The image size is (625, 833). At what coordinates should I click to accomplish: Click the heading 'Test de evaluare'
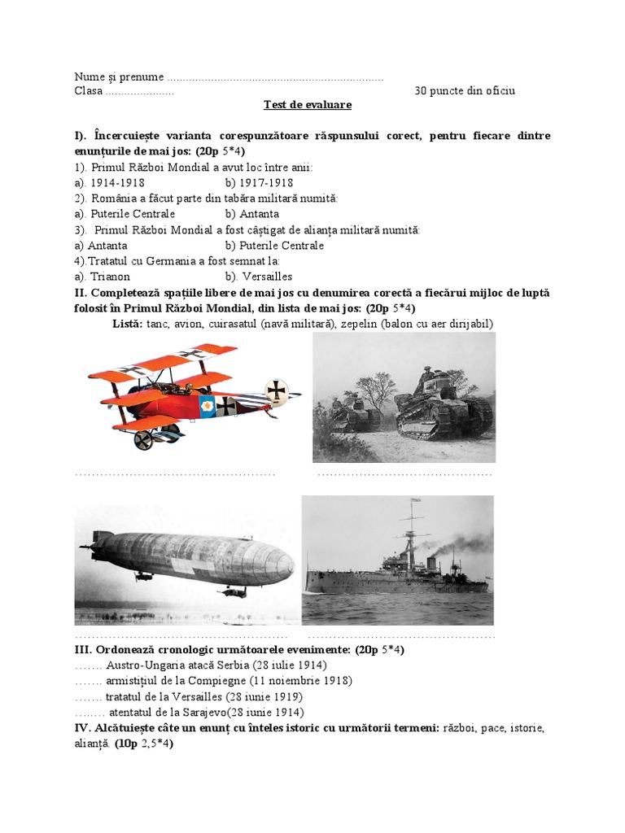[x=307, y=105]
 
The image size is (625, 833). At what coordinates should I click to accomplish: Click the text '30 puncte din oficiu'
[x=464, y=90]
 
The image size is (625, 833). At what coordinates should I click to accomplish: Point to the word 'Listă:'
[x=128, y=323]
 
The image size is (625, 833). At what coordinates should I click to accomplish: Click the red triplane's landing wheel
[x=144, y=440]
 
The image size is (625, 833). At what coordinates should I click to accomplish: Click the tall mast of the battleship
[x=412, y=529]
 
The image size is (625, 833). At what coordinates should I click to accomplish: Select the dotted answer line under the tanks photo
[x=404, y=473]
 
